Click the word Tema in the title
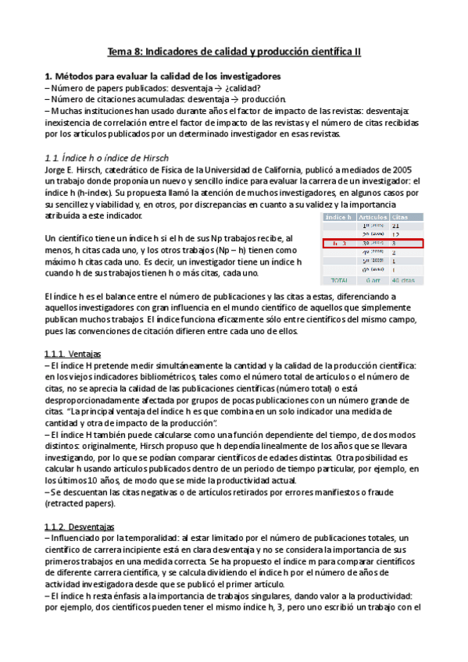(120, 52)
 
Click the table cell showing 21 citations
(396, 225)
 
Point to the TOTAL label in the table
(339, 279)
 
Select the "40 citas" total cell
(403, 279)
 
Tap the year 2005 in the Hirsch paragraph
(402, 170)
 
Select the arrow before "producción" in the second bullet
(234, 99)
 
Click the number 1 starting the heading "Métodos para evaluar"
(48, 77)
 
